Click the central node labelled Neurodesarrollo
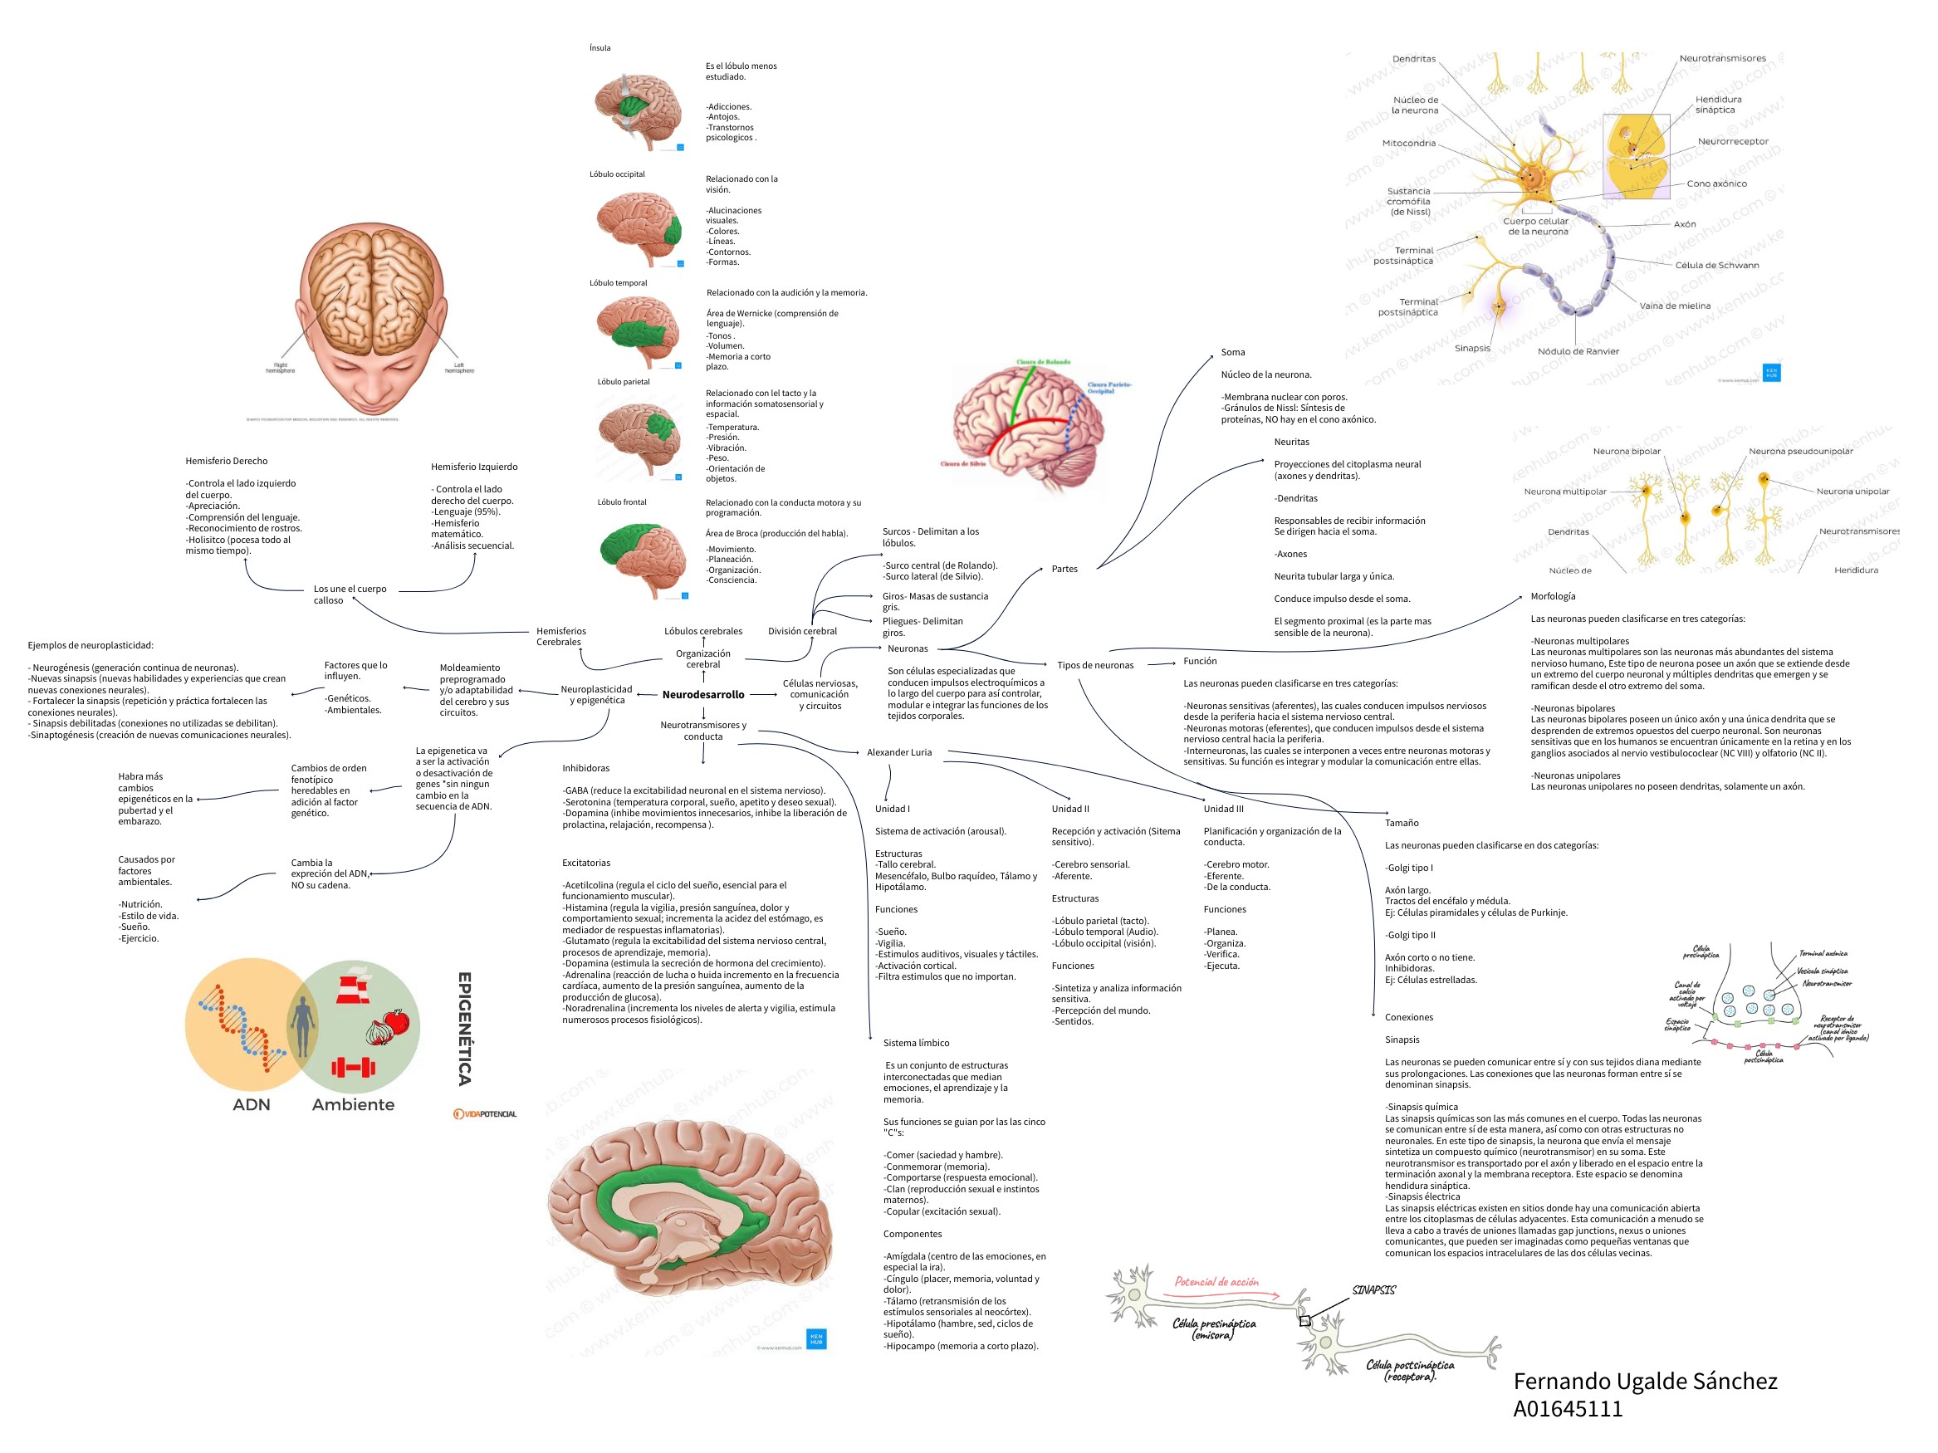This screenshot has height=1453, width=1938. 702,694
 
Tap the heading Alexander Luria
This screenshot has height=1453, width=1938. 899,752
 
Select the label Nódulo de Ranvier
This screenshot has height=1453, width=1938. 1578,352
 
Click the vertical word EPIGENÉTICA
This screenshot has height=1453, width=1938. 465,1028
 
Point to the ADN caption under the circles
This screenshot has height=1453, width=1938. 252,1105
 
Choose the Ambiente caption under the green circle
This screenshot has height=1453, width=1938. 353,1105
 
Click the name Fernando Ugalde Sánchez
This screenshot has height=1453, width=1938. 1645,1382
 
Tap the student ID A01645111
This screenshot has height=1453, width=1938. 1568,1409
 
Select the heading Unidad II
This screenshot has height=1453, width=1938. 1069,810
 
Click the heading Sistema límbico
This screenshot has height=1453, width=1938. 916,1043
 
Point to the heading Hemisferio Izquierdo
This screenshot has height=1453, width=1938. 474,467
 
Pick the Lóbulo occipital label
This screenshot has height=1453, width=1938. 617,174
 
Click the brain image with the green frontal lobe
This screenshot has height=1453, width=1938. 644,559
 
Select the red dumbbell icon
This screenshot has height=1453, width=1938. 353,1067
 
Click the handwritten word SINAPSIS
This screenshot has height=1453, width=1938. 1373,1290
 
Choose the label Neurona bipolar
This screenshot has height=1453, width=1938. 1626,452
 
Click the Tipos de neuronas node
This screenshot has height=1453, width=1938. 1094,666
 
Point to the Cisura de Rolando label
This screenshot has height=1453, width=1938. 1044,362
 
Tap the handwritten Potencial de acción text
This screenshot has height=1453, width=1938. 1216,1282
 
